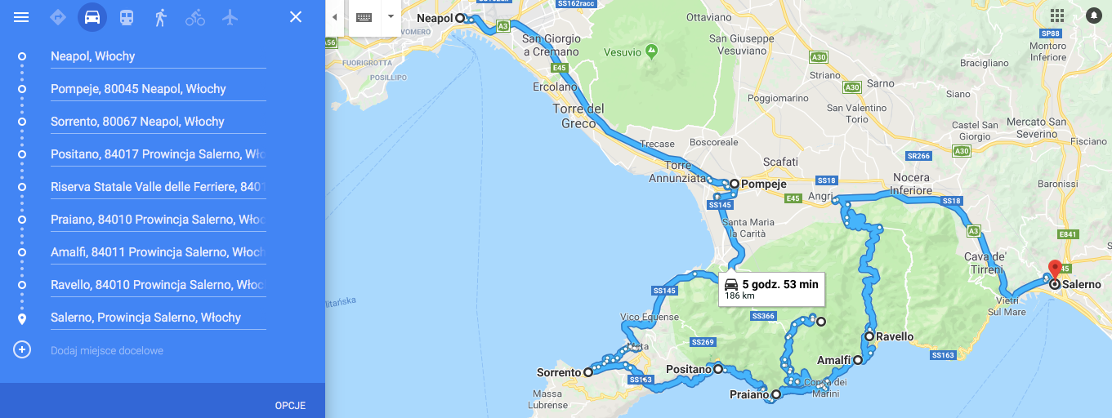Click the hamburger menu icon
(22, 17)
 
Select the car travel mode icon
(92, 17)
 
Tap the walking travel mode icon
(160, 17)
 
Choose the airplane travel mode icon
(230, 17)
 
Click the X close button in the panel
(296, 17)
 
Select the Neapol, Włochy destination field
(158, 56)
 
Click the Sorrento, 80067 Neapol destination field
(158, 122)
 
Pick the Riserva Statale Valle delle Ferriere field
(158, 187)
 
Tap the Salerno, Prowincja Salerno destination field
(158, 318)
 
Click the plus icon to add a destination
(22, 350)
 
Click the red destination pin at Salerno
(1054, 269)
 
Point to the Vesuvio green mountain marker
(651, 52)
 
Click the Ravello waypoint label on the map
(895, 336)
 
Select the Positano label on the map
(689, 370)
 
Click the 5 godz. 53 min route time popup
(770, 288)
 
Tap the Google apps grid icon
(1057, 16)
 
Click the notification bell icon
(1093, 16)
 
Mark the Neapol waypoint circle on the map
(460, 18)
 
